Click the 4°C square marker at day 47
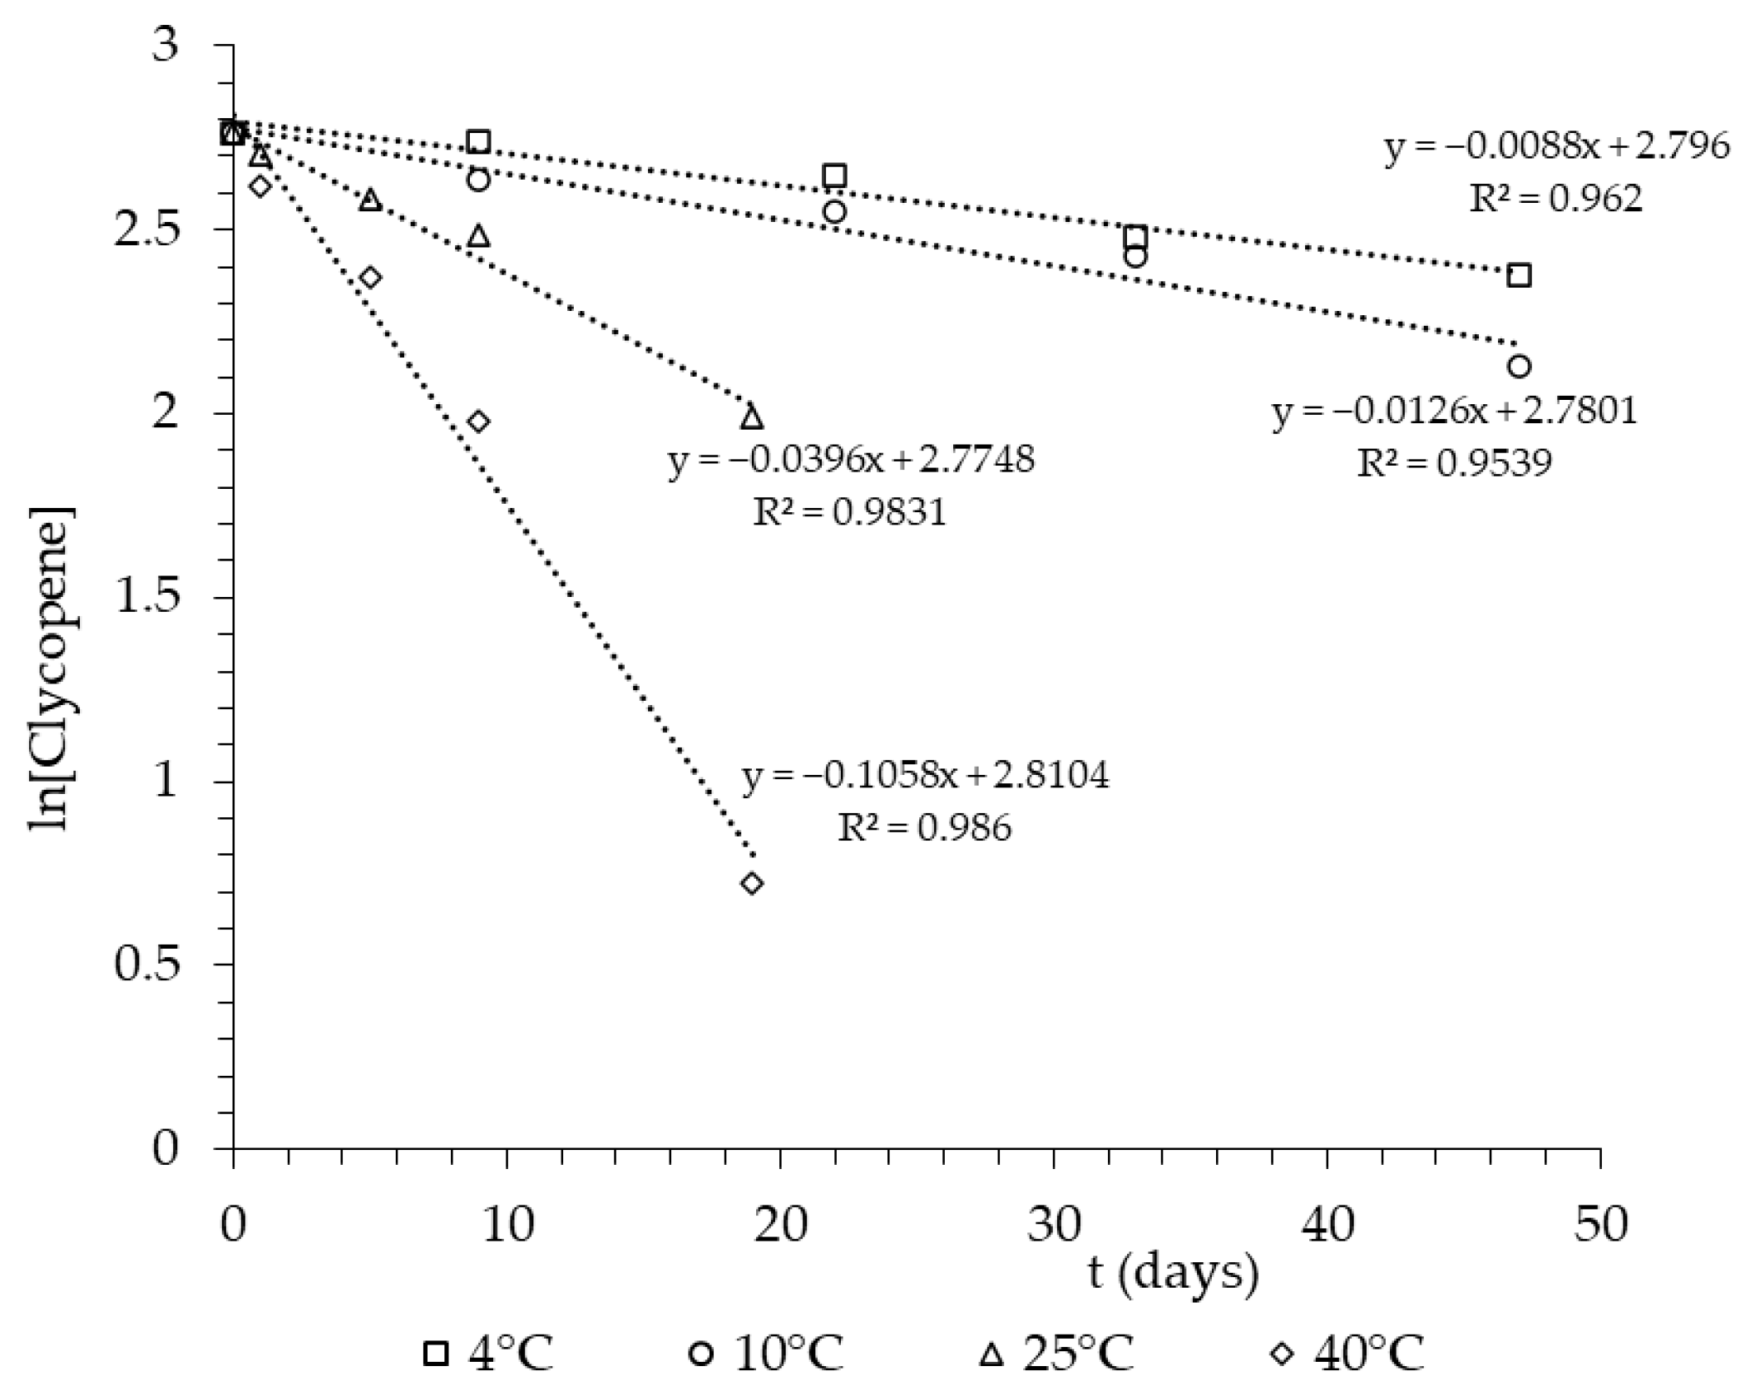tap(1519, 275)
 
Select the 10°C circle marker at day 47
tap(1519, 367)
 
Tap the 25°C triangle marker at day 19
tap(752, 417)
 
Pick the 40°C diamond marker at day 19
tap(752, 883)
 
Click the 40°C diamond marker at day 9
tap(478, 422)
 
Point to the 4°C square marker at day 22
tap(834, 175)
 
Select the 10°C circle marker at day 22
tap(834, 211)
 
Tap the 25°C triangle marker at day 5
tap(370, 200)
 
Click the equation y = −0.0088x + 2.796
tap(1556, 146)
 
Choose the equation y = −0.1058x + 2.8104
tap(925, 776)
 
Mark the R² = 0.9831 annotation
tap(849, 512)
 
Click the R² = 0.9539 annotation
tap(1454, 463)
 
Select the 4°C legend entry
tap(488, 1354)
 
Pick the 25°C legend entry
tap(1057, 1354)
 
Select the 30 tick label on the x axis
tap(1053, 1226)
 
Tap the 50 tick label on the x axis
tap(1599, 1226)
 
